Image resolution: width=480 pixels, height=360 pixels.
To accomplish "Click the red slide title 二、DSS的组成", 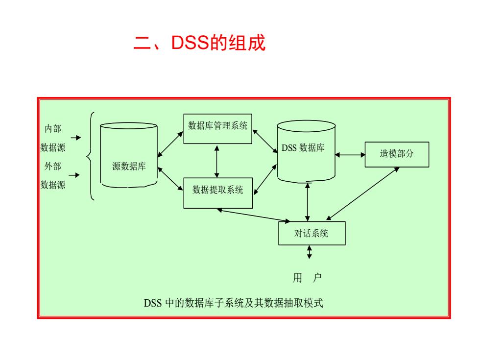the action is coord(200,42).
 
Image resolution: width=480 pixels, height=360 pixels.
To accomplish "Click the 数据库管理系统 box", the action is coord(217,129).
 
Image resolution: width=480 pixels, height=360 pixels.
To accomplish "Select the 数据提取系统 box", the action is coord(218,193).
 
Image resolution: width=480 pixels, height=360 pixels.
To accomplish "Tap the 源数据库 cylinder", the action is coord(129,155).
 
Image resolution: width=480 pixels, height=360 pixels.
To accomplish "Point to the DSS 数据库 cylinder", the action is coord(306,151).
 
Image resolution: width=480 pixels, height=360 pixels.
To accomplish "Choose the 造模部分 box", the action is coord(397,154).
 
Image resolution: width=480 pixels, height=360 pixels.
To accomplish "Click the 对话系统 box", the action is coord(312,233).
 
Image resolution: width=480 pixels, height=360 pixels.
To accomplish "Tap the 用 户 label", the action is coord(308,278).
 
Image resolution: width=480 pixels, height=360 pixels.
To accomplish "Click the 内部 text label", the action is coord(53,128).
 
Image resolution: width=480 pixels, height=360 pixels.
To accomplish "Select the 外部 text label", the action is coord(53,166).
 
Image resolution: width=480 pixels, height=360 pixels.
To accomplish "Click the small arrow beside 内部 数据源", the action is coord(75,138).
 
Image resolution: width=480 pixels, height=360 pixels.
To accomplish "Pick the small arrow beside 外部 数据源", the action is coord(74,175).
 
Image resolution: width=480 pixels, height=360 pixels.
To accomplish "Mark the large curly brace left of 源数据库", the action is coord(89,156).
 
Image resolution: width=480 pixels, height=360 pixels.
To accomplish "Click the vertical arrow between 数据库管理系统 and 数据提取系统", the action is coord(216,161).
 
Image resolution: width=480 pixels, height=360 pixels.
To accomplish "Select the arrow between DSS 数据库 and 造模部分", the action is coord(350,155).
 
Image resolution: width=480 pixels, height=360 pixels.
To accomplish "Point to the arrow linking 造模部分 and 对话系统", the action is coord(363,193).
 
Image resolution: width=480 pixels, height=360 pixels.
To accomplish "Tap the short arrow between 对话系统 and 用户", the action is coord(310,252).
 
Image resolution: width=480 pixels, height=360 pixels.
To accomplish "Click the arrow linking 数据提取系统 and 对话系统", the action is coord(254,215).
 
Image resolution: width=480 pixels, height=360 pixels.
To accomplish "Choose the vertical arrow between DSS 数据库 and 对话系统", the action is coord(308,202).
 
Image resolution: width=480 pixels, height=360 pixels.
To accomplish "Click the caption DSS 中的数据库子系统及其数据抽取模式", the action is coord(233,303).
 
